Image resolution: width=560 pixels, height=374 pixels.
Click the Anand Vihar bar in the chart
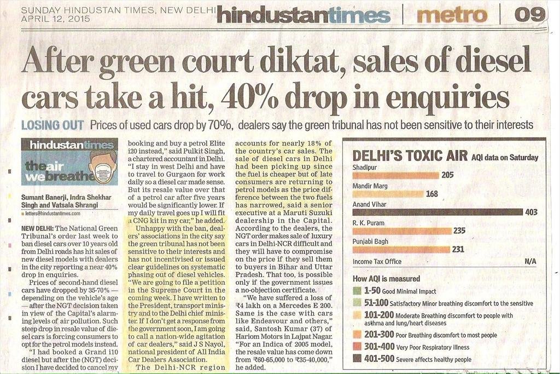coord(437,212)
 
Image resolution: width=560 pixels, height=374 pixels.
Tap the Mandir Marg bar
coord(388,194)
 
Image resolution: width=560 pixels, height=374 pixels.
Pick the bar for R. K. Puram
coord(402,231)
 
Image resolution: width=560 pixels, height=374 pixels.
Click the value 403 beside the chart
coord(531,212)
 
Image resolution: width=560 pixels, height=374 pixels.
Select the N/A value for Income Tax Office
coord(530,261)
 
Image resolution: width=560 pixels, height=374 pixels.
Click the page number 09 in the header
coord(530,15)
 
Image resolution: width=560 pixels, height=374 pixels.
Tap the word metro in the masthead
coord(451,15)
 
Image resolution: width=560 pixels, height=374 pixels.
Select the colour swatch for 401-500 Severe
coord(357,359)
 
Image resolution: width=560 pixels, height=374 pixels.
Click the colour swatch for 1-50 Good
coord(357,291)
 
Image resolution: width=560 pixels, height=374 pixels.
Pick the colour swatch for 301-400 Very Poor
coord(357,346)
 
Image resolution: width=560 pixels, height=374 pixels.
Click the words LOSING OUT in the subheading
coord(52,125)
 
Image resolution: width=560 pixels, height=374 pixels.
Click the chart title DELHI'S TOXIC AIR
coord(410,156)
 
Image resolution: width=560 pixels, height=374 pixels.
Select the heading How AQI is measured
coord(386,279)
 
